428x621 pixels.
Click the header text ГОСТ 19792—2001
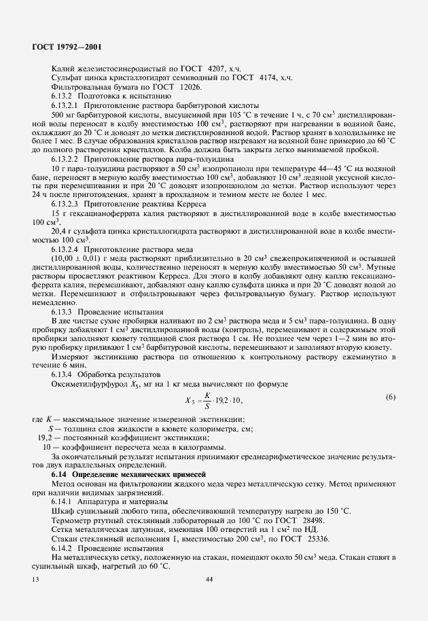click(71, 46)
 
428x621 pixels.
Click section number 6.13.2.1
click(65, 107)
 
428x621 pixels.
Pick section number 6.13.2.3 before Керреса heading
click(65, 204)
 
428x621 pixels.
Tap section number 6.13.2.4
click(65, 250)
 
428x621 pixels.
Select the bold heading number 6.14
click(59, 473)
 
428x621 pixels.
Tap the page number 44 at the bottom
click(209, 579)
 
